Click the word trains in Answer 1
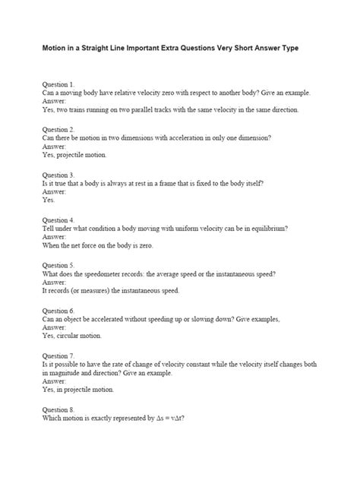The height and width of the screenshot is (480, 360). point(84,109)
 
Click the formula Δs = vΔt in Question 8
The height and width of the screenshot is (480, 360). point(167,418)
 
